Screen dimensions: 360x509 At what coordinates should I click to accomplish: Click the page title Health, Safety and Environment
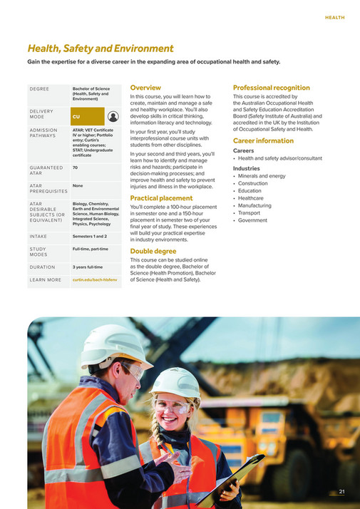(x=100, y=48)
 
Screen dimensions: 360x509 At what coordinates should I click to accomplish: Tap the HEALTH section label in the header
(x=334, y=17)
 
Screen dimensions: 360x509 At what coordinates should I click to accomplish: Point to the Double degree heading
(x=152, y=251)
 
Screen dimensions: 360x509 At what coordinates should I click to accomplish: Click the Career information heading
(x=263, y=140)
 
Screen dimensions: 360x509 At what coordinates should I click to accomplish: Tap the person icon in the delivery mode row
(x=113, y=115)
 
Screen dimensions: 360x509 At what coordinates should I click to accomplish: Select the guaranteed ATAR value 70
(x=75, y=167)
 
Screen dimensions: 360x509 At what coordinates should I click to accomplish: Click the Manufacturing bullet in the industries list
(x=257, y=205)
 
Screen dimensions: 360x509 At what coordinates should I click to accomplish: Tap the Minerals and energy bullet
(x=262, y=175)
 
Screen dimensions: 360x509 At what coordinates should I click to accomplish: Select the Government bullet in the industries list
(x=253, y=220)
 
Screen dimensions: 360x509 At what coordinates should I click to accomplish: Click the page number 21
(x=341, y=492)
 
